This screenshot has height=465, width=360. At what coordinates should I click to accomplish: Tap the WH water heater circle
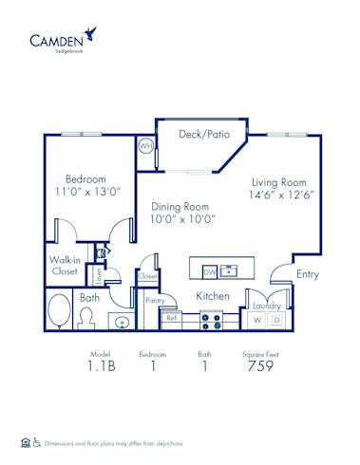click(145, 147)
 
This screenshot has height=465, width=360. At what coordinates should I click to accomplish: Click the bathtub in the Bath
click(59, 309)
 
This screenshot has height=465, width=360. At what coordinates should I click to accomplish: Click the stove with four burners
click(211, 322)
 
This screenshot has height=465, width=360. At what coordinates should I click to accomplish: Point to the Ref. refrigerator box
click(173, 320)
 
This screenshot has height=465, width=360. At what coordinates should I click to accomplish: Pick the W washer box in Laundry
click(257, 320)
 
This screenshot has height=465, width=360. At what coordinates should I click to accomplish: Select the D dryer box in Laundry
click(276, 320)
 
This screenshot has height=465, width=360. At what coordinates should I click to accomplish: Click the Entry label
click(307, 274)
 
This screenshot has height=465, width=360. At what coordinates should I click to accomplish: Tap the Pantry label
click(154, 300)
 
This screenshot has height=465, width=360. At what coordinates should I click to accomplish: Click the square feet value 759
click(260, 365)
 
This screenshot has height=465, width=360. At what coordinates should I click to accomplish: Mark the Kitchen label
click(212, 296)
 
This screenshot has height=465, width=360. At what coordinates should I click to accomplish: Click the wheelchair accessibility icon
click(37, 441)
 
